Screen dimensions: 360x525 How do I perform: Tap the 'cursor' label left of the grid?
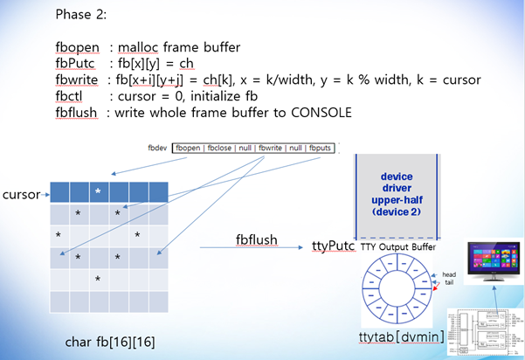click(22, 193)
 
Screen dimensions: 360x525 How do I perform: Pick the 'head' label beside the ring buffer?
click(450, 273)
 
